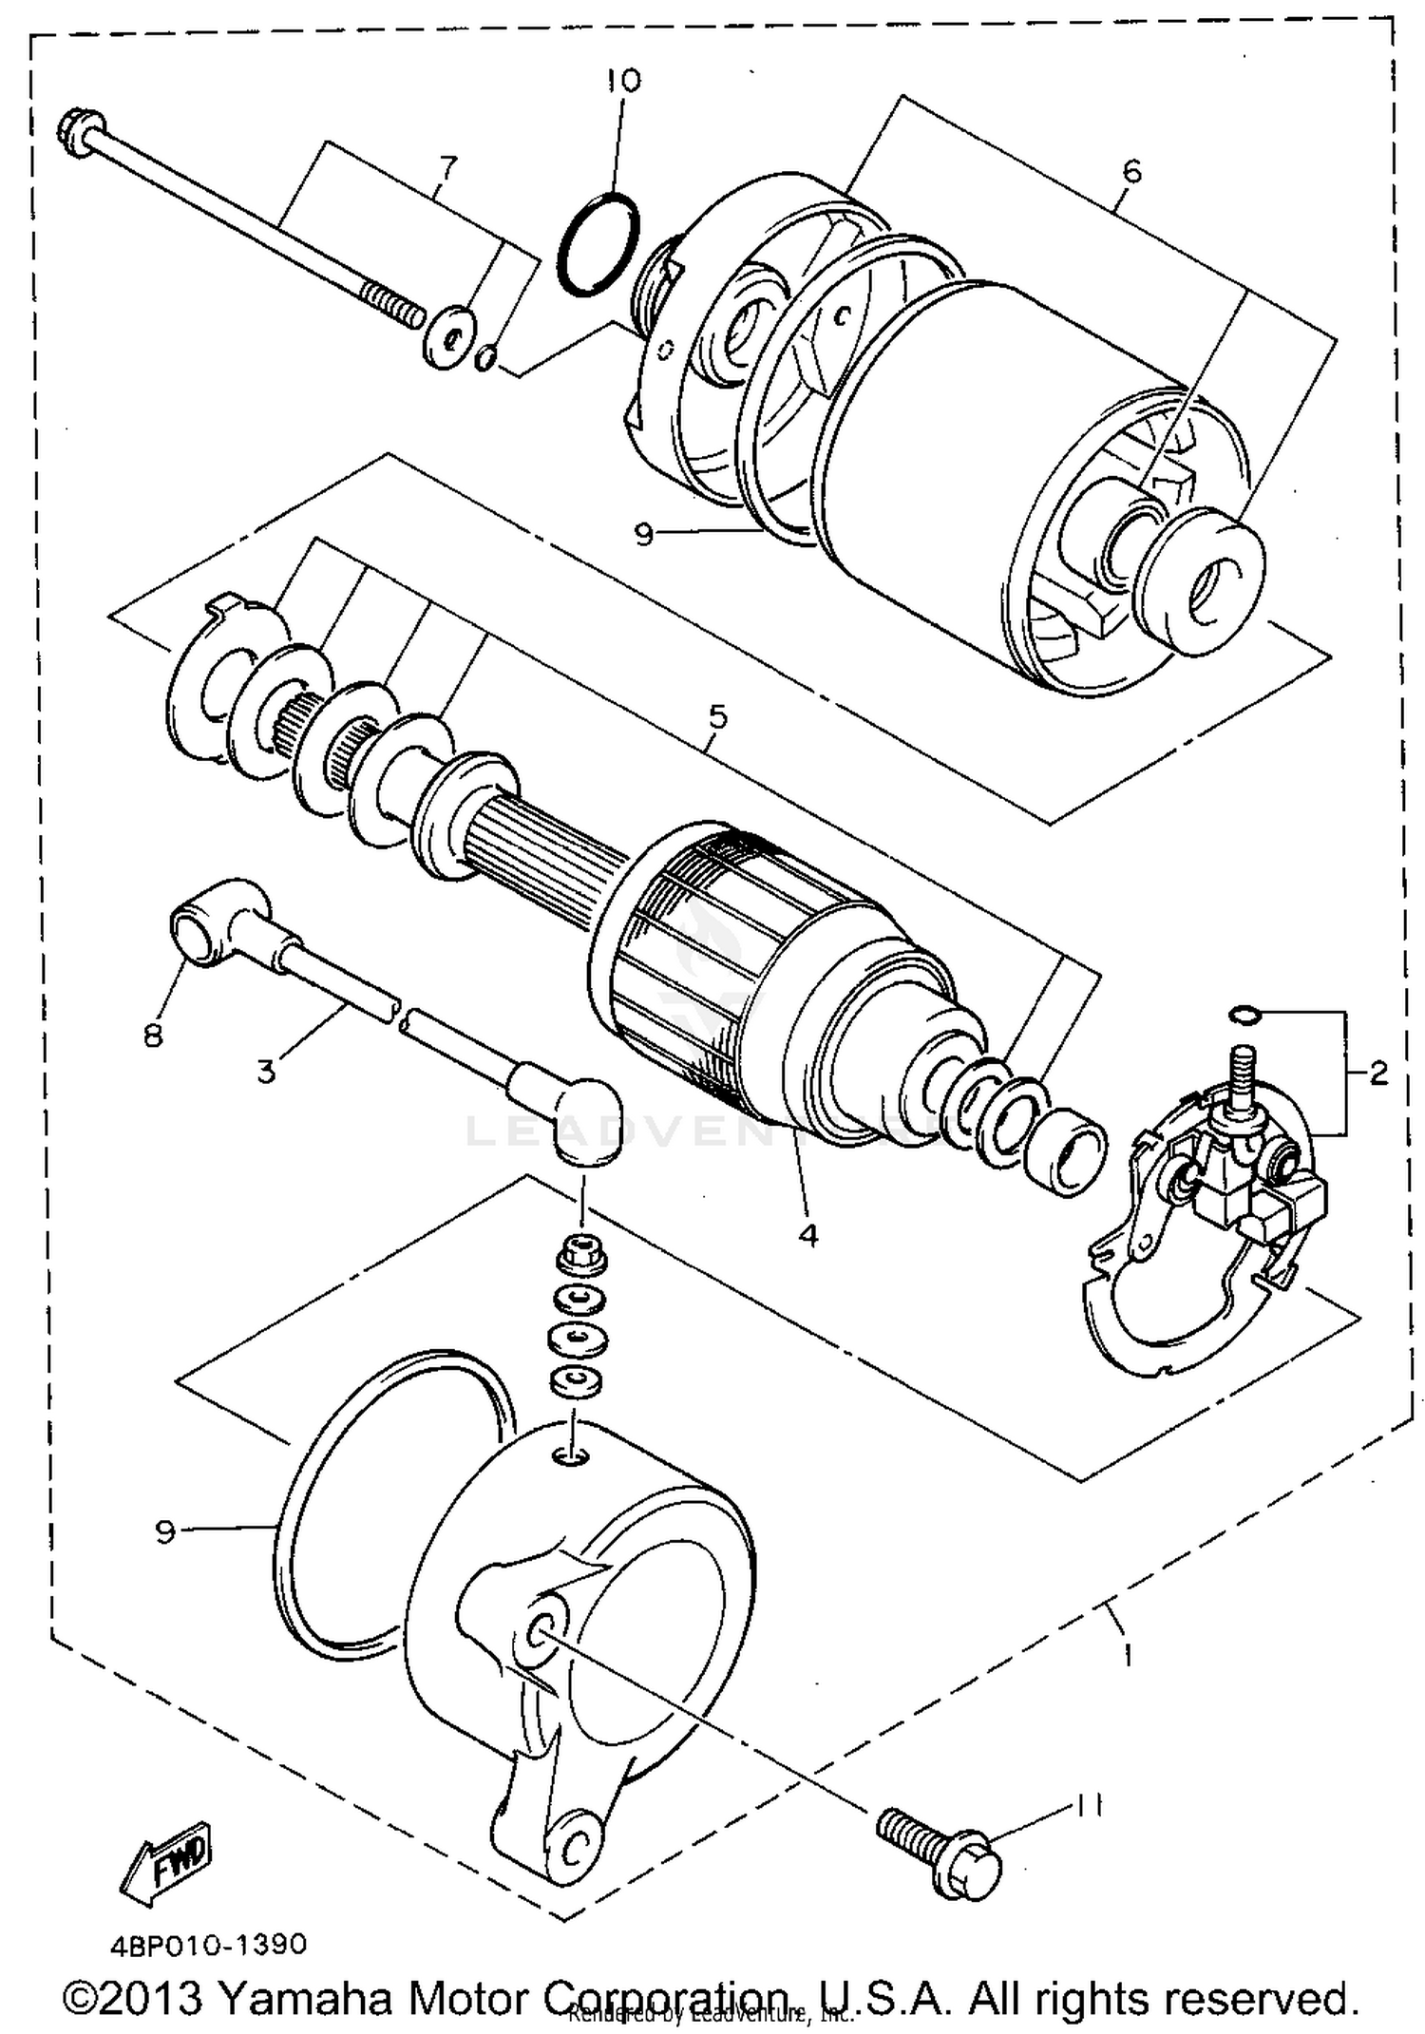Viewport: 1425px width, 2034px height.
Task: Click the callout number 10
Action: [625, 80]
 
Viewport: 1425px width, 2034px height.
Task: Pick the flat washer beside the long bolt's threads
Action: [448, 337]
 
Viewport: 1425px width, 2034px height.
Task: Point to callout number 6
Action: [1130, 171]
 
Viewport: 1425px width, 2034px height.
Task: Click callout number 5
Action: [717, 715]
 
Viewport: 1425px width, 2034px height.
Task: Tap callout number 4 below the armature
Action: [807, 1235]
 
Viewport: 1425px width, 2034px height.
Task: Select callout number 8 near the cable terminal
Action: [154, 1034]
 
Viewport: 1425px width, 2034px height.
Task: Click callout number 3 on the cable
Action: [267, 1072]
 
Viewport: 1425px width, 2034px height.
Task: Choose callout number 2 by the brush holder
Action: [1378, 1074]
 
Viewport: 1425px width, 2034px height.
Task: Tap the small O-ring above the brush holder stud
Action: [1244, 1017]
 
